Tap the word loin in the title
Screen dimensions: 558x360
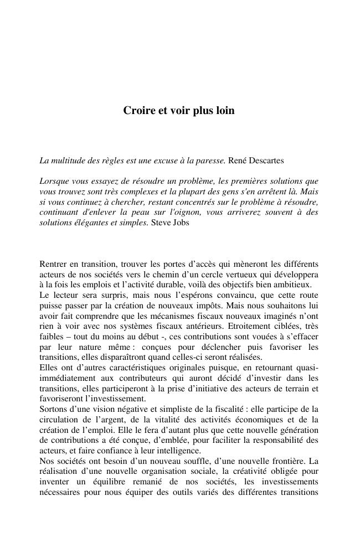pos(225,111)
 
